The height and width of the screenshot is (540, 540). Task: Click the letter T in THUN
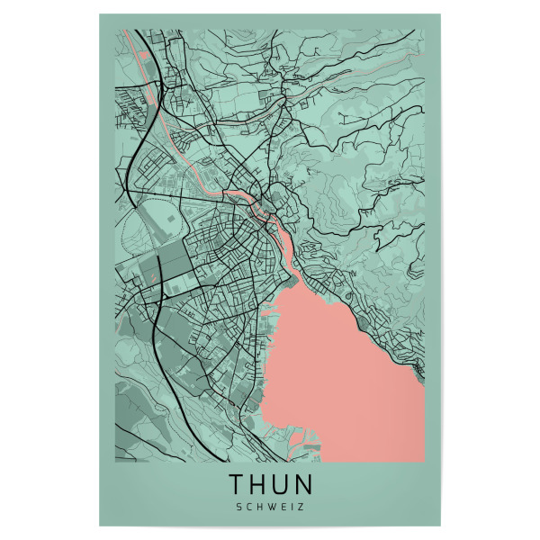click(238, 485)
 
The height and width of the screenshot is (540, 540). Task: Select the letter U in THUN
click(282, 485)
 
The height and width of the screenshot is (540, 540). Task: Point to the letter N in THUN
click(304, 485)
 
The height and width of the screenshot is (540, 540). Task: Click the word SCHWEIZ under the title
click(270, 507)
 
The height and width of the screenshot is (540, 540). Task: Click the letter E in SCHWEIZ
click(283, 507)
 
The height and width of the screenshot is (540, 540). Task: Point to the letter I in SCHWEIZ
click(292, 507)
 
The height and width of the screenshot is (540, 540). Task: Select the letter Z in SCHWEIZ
click(301, 507)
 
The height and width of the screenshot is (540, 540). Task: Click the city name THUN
click(270, 485)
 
